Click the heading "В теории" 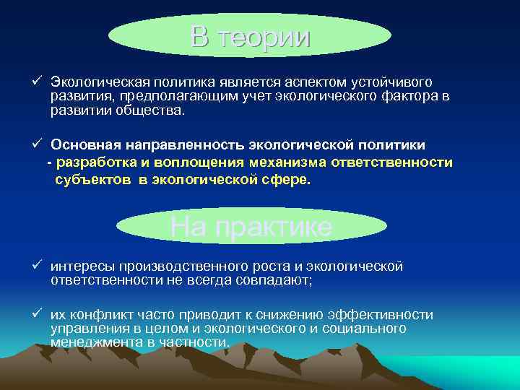click(x=251, y=37)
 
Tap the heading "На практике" click(x=251, y=227)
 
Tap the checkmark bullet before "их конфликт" click(x=37, y=314)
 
